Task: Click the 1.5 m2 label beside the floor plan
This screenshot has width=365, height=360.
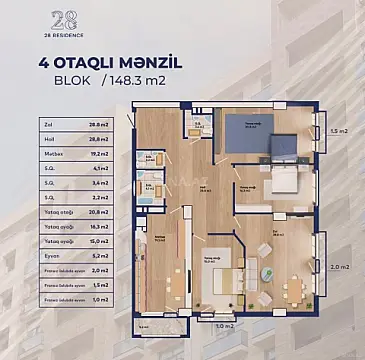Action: point(339,130)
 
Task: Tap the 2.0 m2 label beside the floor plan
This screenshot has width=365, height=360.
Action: point(339,267)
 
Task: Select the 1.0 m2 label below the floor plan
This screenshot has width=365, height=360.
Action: point(225,325)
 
